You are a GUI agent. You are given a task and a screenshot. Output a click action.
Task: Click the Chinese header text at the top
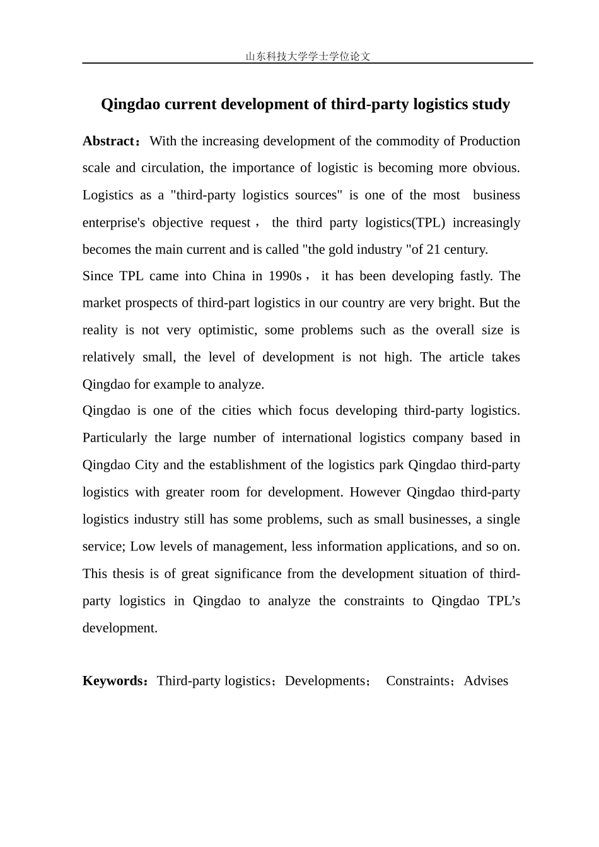(x=308, y=56)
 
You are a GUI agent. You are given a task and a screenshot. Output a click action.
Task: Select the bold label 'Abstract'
(x=108, y=141)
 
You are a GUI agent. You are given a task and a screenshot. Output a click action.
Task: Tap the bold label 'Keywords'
(x=113, y=681)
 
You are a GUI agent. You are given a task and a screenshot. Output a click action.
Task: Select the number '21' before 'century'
(x=434, y=249)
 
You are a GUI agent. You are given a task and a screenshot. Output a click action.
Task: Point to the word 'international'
(x=317, y=438)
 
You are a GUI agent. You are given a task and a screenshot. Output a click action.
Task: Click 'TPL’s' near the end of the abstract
(x=504, y=601)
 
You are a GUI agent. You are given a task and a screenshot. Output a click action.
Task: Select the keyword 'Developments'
(x=325, y=681)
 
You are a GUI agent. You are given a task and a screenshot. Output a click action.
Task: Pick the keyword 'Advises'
(x=486, y=681)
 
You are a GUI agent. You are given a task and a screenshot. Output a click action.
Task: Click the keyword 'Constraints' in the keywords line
(x=417, y=681)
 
